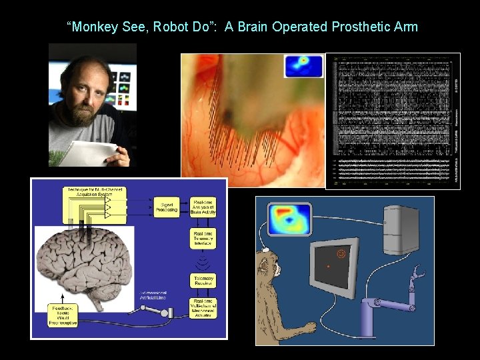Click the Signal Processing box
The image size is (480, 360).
click(167, 207)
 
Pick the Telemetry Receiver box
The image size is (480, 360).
click(203, 281)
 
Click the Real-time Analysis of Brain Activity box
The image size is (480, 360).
click(203, 207)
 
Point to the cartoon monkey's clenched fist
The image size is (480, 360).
click(309, 327)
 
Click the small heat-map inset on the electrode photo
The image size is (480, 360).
click(303, 66)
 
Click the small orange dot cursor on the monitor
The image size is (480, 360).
click(327, 267)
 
